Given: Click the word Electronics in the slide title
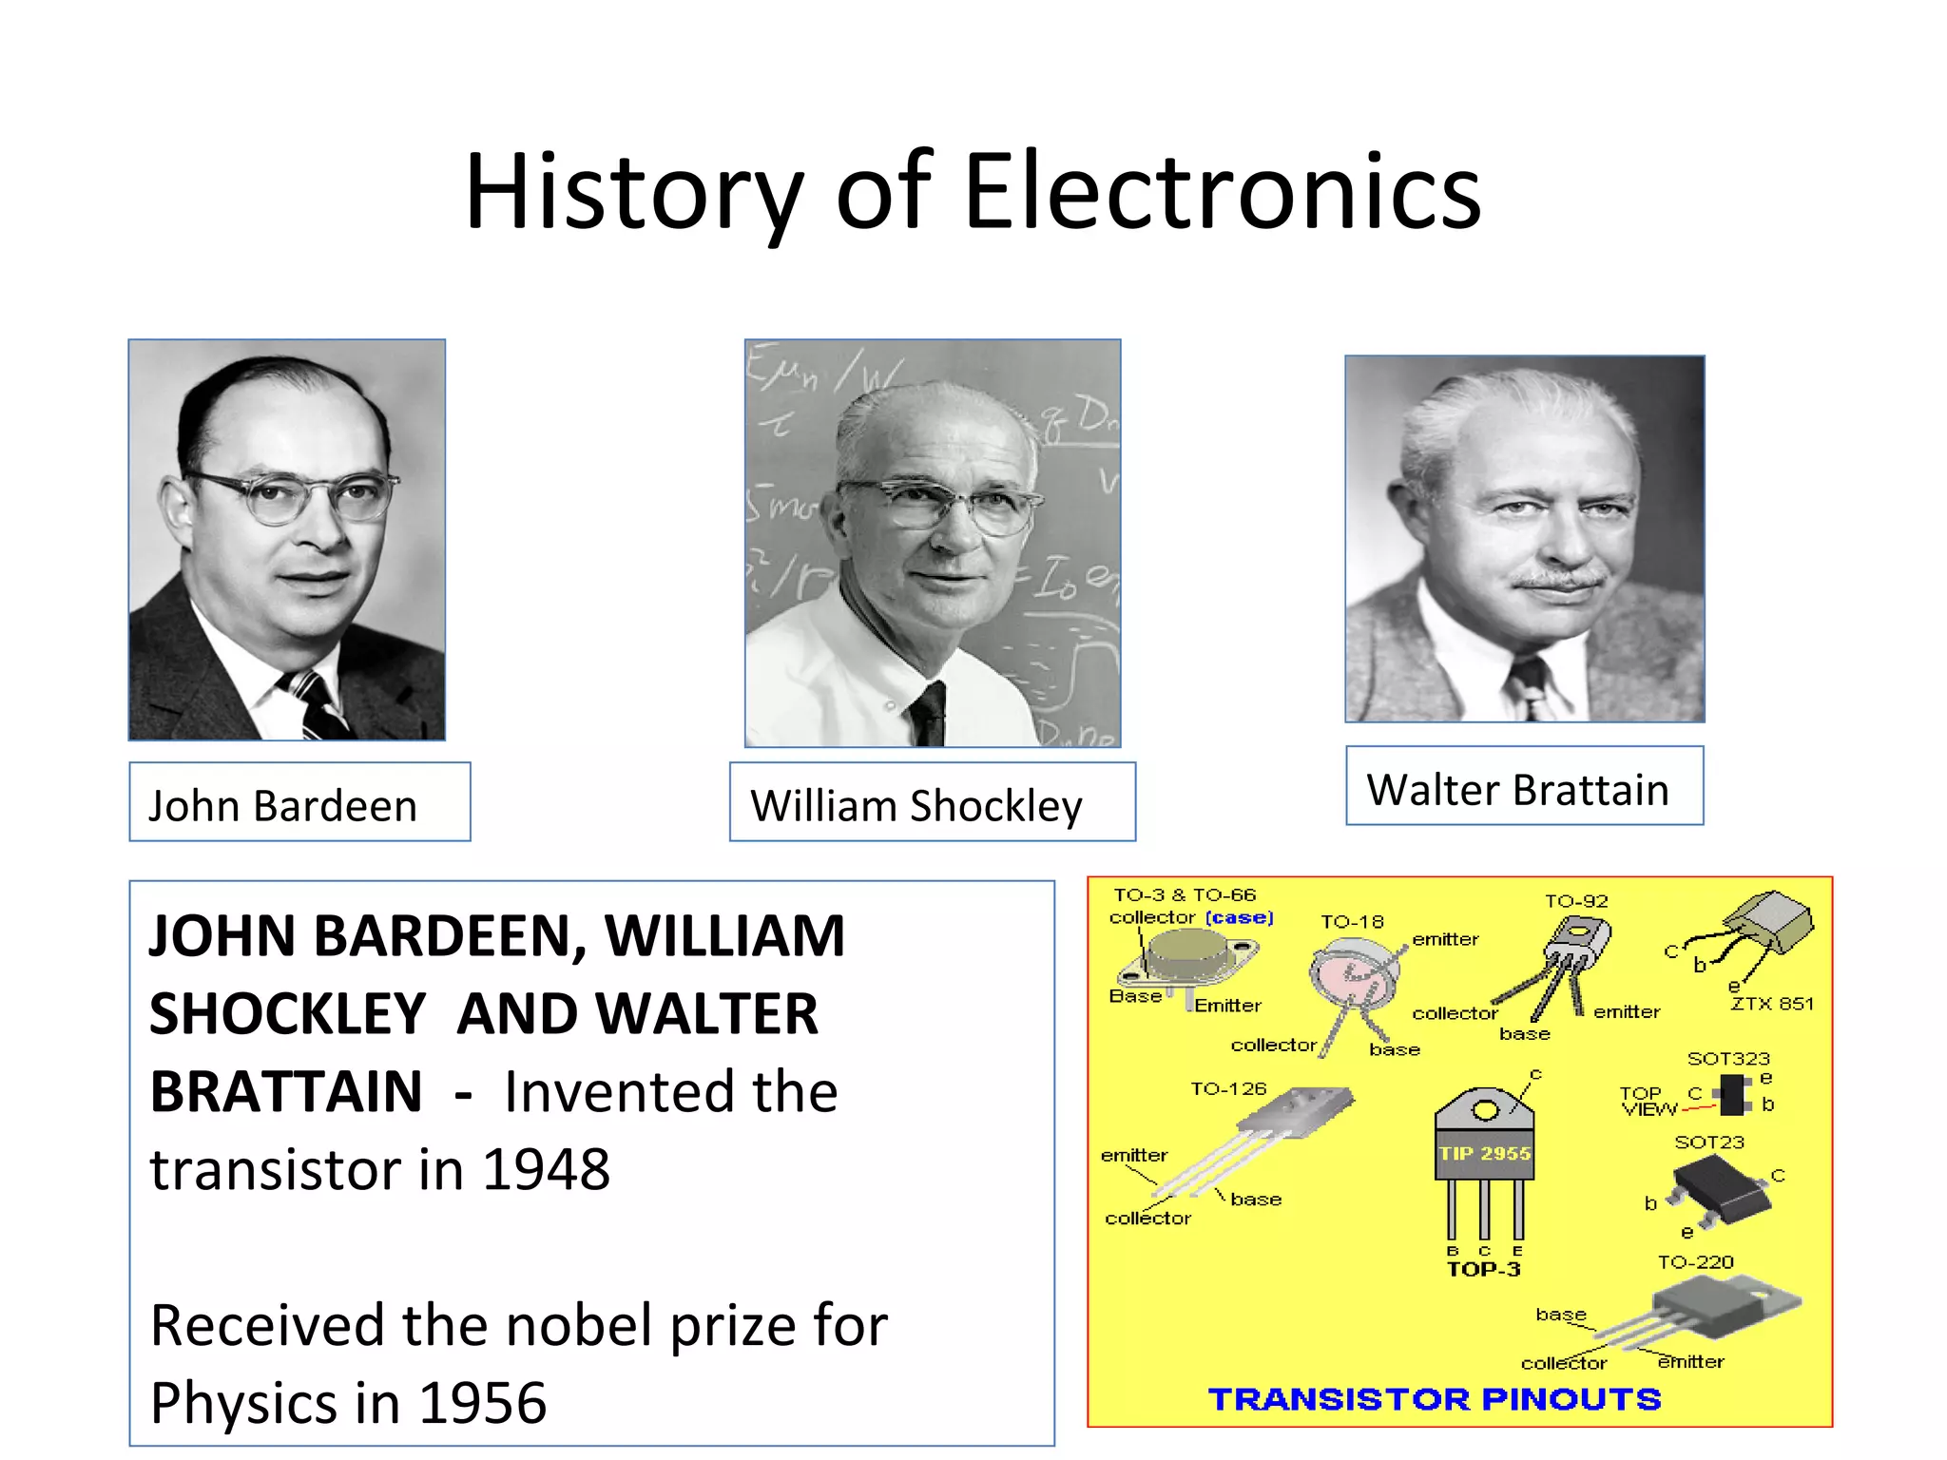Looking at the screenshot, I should click(1223, 193).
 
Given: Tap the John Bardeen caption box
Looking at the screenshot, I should click(299, 803).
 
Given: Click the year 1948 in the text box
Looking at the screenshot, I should click(547, 1170).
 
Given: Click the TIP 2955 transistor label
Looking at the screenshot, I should click(1485, 1154).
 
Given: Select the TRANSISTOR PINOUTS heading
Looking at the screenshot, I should click(1435, 1399).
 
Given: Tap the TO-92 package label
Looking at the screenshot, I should click(1576, 901).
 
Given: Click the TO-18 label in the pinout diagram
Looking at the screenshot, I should click(1352, 922).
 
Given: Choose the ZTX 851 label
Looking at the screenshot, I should click(1772, 1004).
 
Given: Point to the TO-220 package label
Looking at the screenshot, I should click(1696, 1262).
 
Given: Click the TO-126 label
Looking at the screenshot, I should click(1228, 1089).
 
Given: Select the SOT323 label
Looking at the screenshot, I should click(1728, 1059).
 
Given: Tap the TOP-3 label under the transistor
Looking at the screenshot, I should click(1483, 1270).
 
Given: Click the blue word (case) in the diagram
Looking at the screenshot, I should click(1239, 918).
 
